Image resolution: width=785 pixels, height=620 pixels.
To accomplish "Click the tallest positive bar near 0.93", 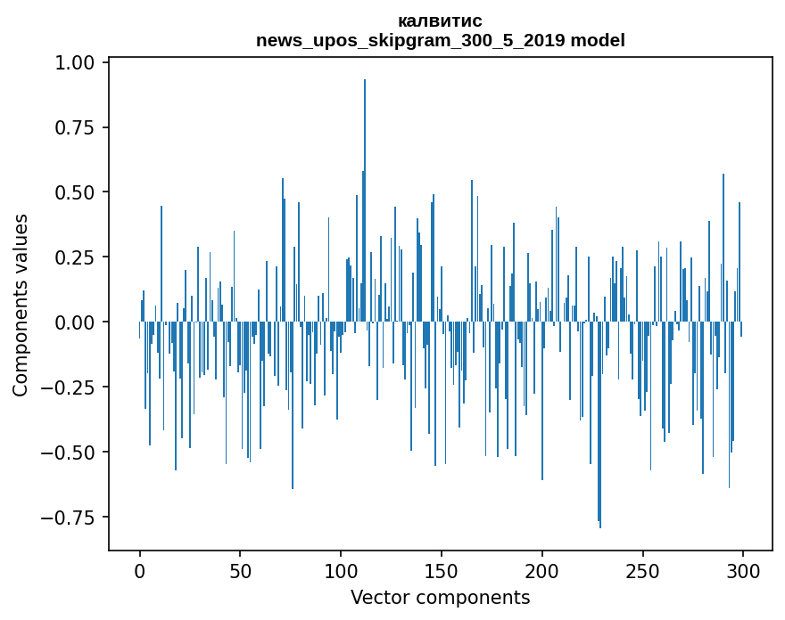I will (x=365, y=196).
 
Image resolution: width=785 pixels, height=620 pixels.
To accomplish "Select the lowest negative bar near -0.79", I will (x=600, y=428).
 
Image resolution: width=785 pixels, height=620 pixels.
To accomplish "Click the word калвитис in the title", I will (x=440, y=21).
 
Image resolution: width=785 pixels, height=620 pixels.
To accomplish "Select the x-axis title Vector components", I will (x=440, y=598).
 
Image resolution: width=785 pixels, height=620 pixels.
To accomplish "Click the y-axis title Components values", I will (x=21, y=305).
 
